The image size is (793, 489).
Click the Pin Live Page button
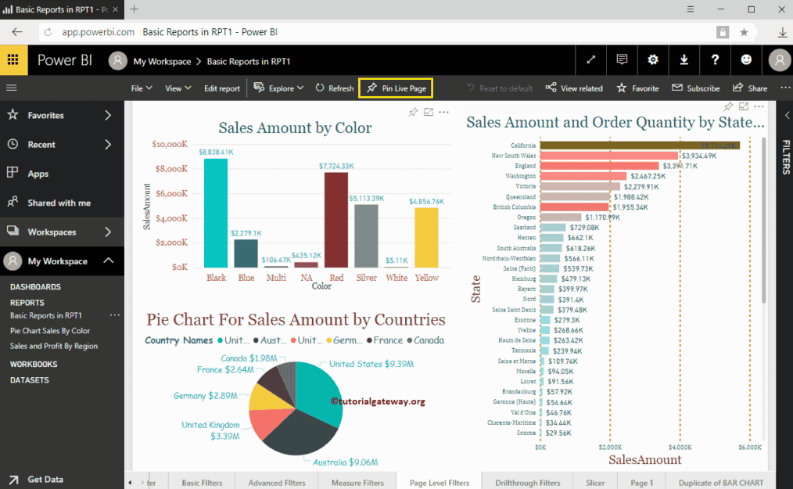point(396,88)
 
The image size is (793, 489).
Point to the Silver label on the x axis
point(366,278)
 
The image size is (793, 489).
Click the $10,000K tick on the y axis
point(170,144)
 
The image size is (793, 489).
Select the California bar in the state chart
point(640,146)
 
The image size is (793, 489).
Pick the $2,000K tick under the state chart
point(610,448)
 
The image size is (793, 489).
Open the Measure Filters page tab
point(357,483)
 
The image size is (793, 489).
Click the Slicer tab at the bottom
point(595,483)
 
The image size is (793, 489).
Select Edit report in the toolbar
point(222,88)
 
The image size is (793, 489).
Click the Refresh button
point(335,88)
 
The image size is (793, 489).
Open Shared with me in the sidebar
point(59,203)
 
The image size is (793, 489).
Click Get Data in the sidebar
point(45,480)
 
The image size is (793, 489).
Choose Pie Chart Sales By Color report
point(50,331)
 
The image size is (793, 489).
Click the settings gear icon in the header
point(653,60)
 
